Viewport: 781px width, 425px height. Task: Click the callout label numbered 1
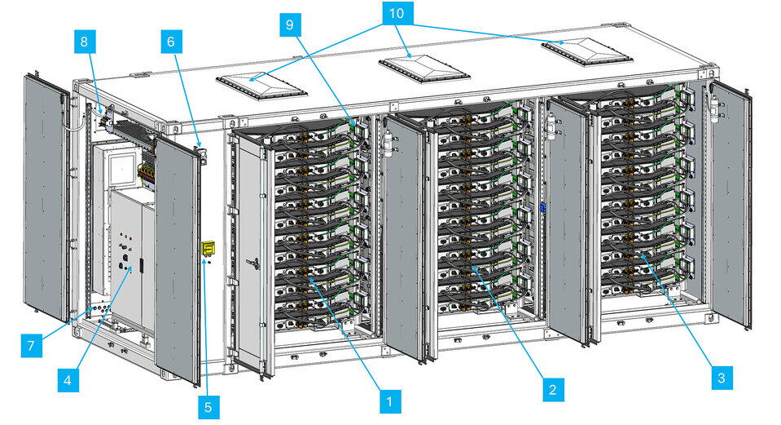pos(389,401)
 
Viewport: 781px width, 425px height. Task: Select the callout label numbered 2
pos(552,389)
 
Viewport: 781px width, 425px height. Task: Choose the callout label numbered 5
pos(209,404)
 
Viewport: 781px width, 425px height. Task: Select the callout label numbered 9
pos(290,25)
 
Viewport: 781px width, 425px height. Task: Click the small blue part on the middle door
pos(542,207)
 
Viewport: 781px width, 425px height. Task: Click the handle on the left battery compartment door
pos(256,263)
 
